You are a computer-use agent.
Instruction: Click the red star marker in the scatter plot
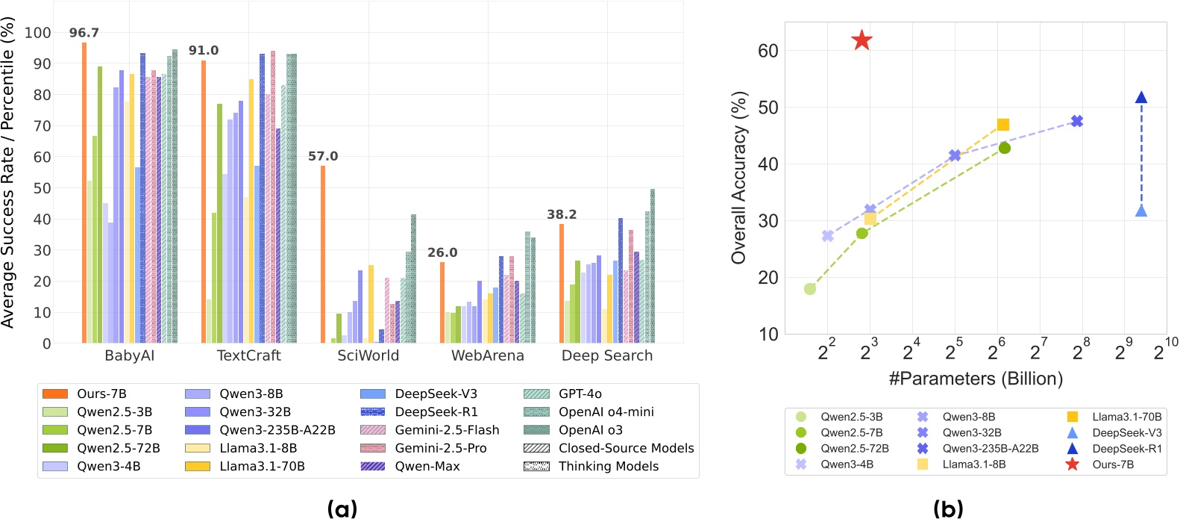coord(862,40)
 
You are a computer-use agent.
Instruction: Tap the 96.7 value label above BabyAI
coord(84,33)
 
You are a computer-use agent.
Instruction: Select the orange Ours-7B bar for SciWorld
coord(323,254)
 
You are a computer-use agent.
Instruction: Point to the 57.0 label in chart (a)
coord(323,156)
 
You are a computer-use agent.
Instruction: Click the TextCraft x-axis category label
coord(248,355)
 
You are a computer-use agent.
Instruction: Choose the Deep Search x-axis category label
coord(606,355)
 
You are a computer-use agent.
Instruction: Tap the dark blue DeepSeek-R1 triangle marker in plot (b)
coord(1140,98)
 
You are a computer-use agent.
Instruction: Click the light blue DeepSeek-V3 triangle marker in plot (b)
coord(1140,211)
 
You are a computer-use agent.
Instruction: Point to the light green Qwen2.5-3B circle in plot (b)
coord(810,289)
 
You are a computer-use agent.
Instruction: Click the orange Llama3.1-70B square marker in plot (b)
coord(1002,125)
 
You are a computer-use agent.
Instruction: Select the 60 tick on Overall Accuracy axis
coord(768,51)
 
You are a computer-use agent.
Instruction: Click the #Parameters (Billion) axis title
coord(975,379)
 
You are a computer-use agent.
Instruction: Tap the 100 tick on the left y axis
coord(37,33)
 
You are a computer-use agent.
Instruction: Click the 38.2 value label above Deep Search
coord(562,214)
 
